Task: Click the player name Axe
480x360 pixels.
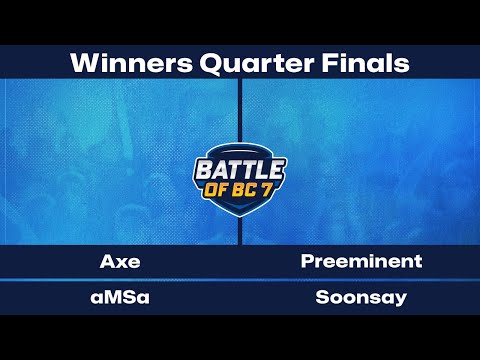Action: point(120,262)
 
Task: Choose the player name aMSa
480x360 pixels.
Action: point(120,297)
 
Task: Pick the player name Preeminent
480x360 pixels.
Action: point(361,262)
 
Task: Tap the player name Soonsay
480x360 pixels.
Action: point(361,297)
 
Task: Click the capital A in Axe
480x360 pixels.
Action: point(107,262)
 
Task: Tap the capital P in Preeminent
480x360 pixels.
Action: point(307,262)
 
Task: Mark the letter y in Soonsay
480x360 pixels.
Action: point(401,299)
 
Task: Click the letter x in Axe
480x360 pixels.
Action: point(120,263)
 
